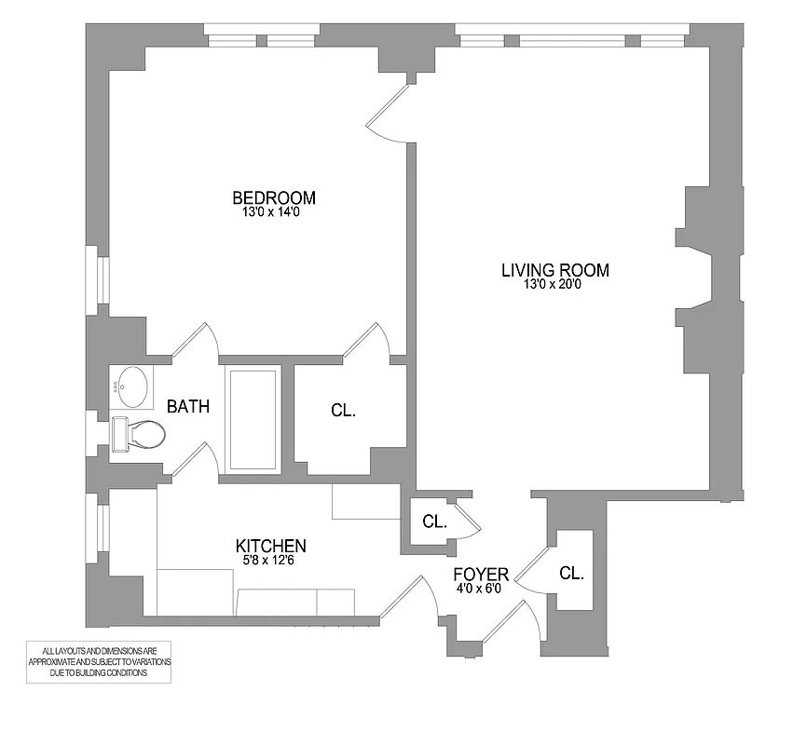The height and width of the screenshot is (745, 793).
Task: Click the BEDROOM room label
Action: (273, 197)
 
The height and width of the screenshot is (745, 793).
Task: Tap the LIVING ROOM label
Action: (555, 270)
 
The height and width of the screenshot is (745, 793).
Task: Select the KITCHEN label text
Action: (271, 546)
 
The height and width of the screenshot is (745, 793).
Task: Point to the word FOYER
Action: (481, 574)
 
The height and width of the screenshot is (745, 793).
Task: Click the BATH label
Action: (187, 407)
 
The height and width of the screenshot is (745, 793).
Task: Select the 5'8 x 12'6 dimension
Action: (270, 561)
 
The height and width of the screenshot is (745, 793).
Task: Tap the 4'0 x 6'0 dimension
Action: (481, 589)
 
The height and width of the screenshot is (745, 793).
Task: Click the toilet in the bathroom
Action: (139, 434)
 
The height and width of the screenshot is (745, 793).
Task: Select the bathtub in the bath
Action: (253, 418)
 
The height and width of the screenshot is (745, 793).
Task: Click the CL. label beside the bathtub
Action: (343, 410)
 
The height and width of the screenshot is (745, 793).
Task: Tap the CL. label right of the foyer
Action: (571, 574)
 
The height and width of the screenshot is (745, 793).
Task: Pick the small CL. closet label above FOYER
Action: (434, 521)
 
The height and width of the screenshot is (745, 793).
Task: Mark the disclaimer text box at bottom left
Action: (100, 660)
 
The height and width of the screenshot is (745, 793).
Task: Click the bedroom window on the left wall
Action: (98, 279)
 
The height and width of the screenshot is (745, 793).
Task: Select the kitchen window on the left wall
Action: (98, 528)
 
